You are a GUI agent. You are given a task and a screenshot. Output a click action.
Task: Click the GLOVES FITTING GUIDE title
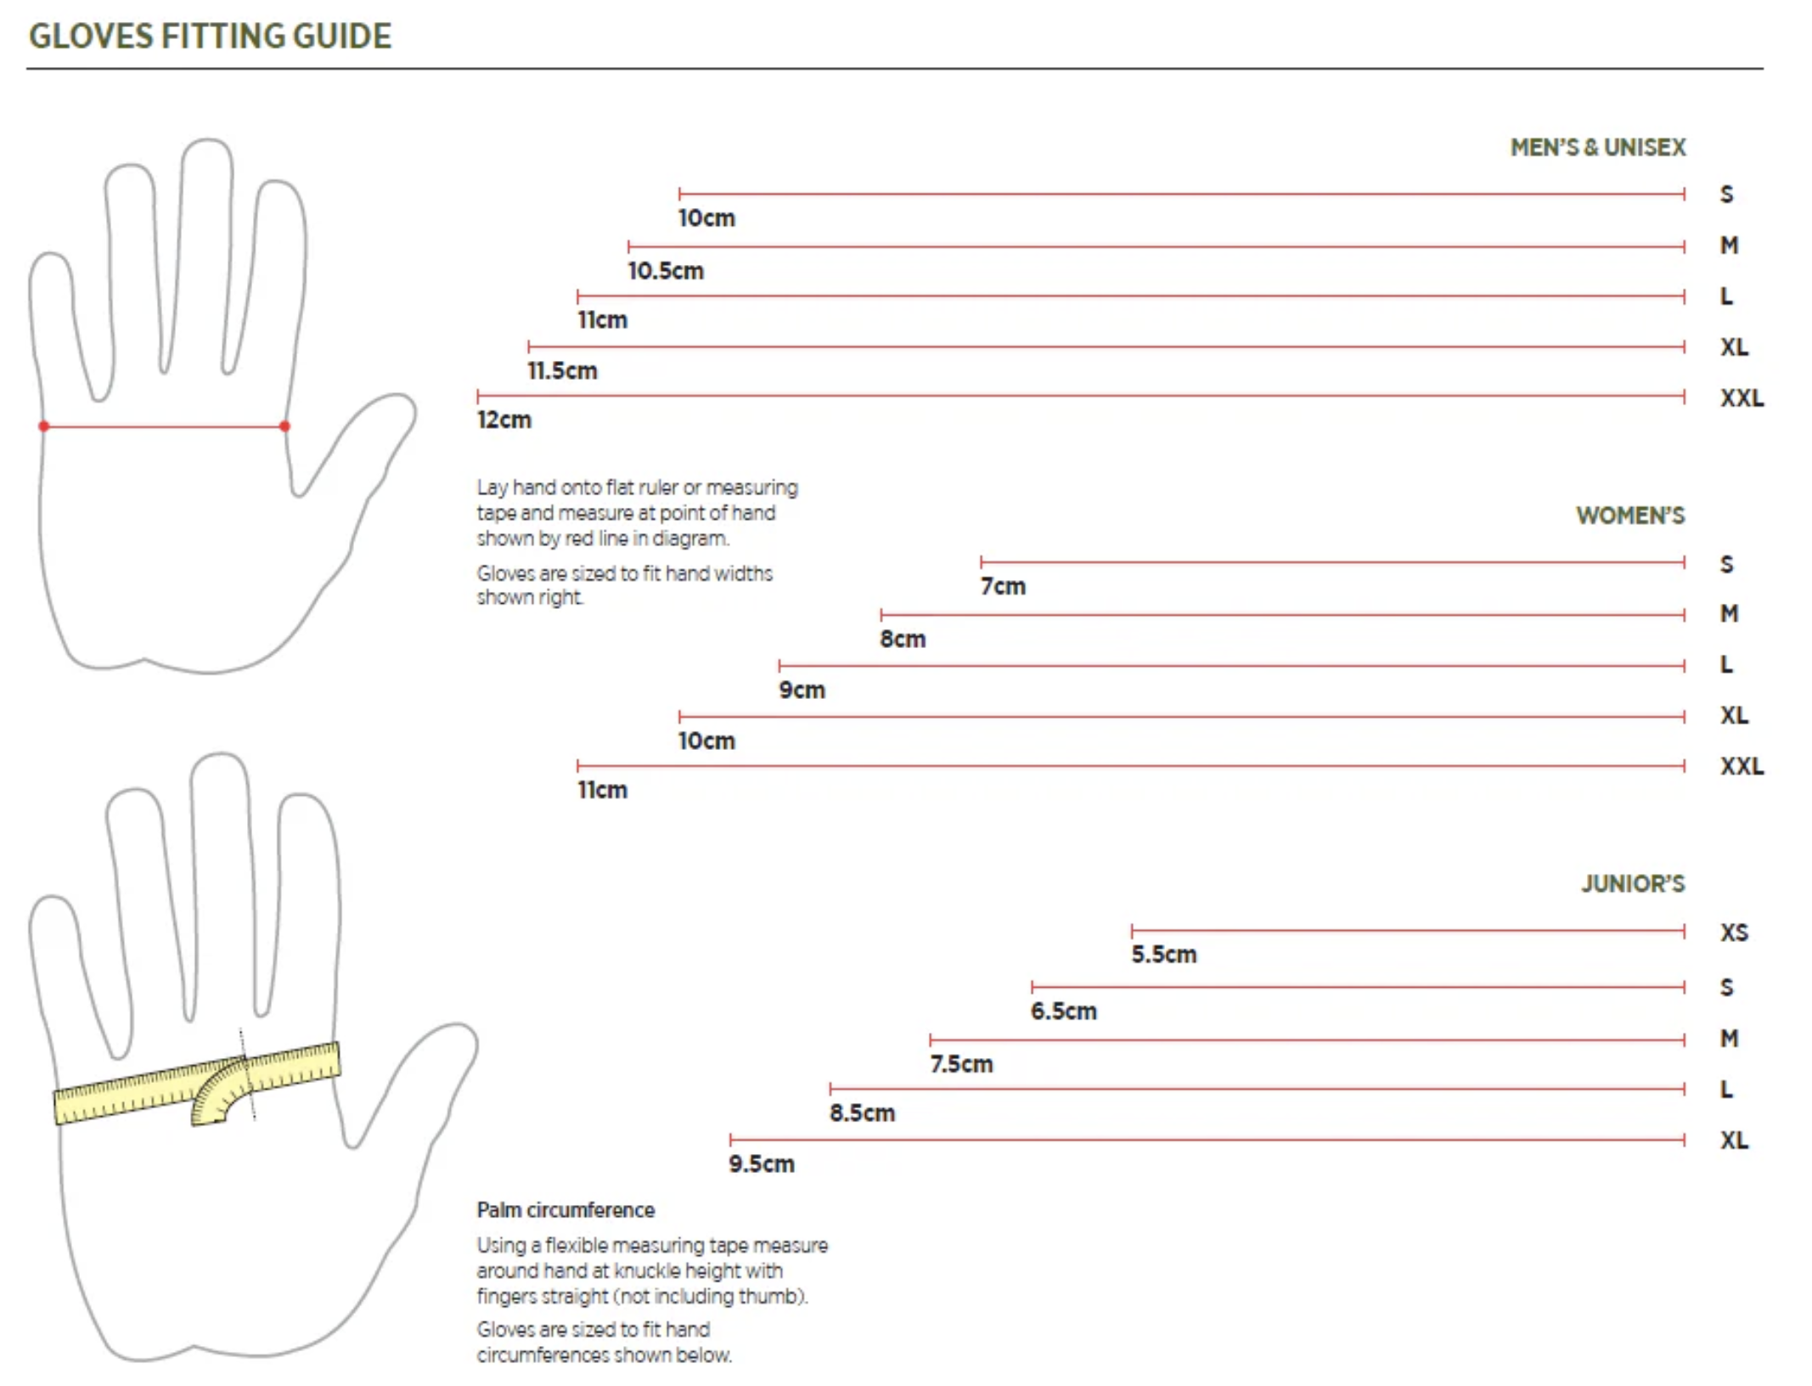click(x=210, y=37)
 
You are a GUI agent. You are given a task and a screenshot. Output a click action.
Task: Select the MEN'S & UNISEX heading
click(x=1597, y=148)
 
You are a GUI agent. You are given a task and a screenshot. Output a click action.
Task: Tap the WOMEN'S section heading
click(x=1629, y=516)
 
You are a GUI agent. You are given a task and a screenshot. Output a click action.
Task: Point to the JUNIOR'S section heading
click(x=1632, y=884)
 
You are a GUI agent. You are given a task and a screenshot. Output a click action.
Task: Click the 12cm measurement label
click(x=504, y=420)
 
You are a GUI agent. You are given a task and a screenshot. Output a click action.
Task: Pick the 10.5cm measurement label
click(x=665, y=272)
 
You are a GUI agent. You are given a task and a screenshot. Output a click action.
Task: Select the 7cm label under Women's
click(x=1003, y=587)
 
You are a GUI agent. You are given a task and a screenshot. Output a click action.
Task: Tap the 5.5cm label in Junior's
click(x=1163, y=955)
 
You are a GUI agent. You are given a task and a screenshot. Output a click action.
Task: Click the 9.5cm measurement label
click(x=761, y=1164)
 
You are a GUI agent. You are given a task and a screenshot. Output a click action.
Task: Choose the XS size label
click(x=1734, y=932)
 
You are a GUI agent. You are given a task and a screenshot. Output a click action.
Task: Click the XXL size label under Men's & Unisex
click(x=1742, y=398)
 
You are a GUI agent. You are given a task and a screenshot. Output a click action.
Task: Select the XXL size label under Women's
click(x=1742, y=766)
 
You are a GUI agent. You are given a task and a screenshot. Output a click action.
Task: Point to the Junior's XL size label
click(x=1734, y=1140)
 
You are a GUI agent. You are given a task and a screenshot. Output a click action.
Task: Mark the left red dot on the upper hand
click(x=44, y=426)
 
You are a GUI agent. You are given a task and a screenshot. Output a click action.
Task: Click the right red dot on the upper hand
click(x=284, y=426)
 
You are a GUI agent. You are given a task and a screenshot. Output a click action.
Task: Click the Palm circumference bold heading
click(x=566, y=1210)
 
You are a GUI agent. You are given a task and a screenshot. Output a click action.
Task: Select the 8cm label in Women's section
click(x=903, y=639)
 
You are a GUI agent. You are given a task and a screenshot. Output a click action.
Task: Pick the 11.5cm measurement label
click(x=562, y=371)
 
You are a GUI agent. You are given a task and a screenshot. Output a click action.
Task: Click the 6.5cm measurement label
click(x=1063, y=1011)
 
